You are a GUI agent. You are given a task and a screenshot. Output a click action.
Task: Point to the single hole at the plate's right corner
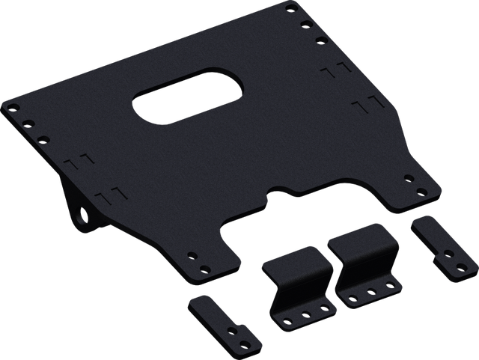pos(409,178)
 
